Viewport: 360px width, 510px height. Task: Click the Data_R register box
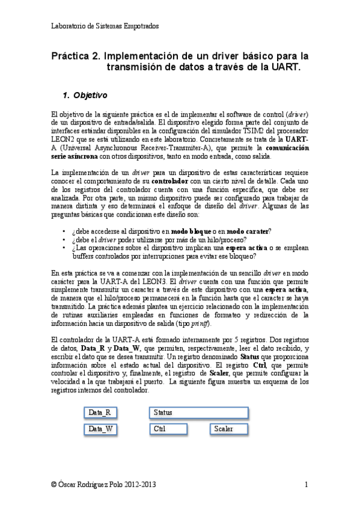(x=100, y=413)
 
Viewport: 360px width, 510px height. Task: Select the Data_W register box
(x=100, y=429)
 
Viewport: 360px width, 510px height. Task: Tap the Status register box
(x=199, y=413)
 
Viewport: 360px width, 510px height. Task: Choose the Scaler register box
(x=229, y=429)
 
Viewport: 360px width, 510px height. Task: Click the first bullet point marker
(x=64, y=232)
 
